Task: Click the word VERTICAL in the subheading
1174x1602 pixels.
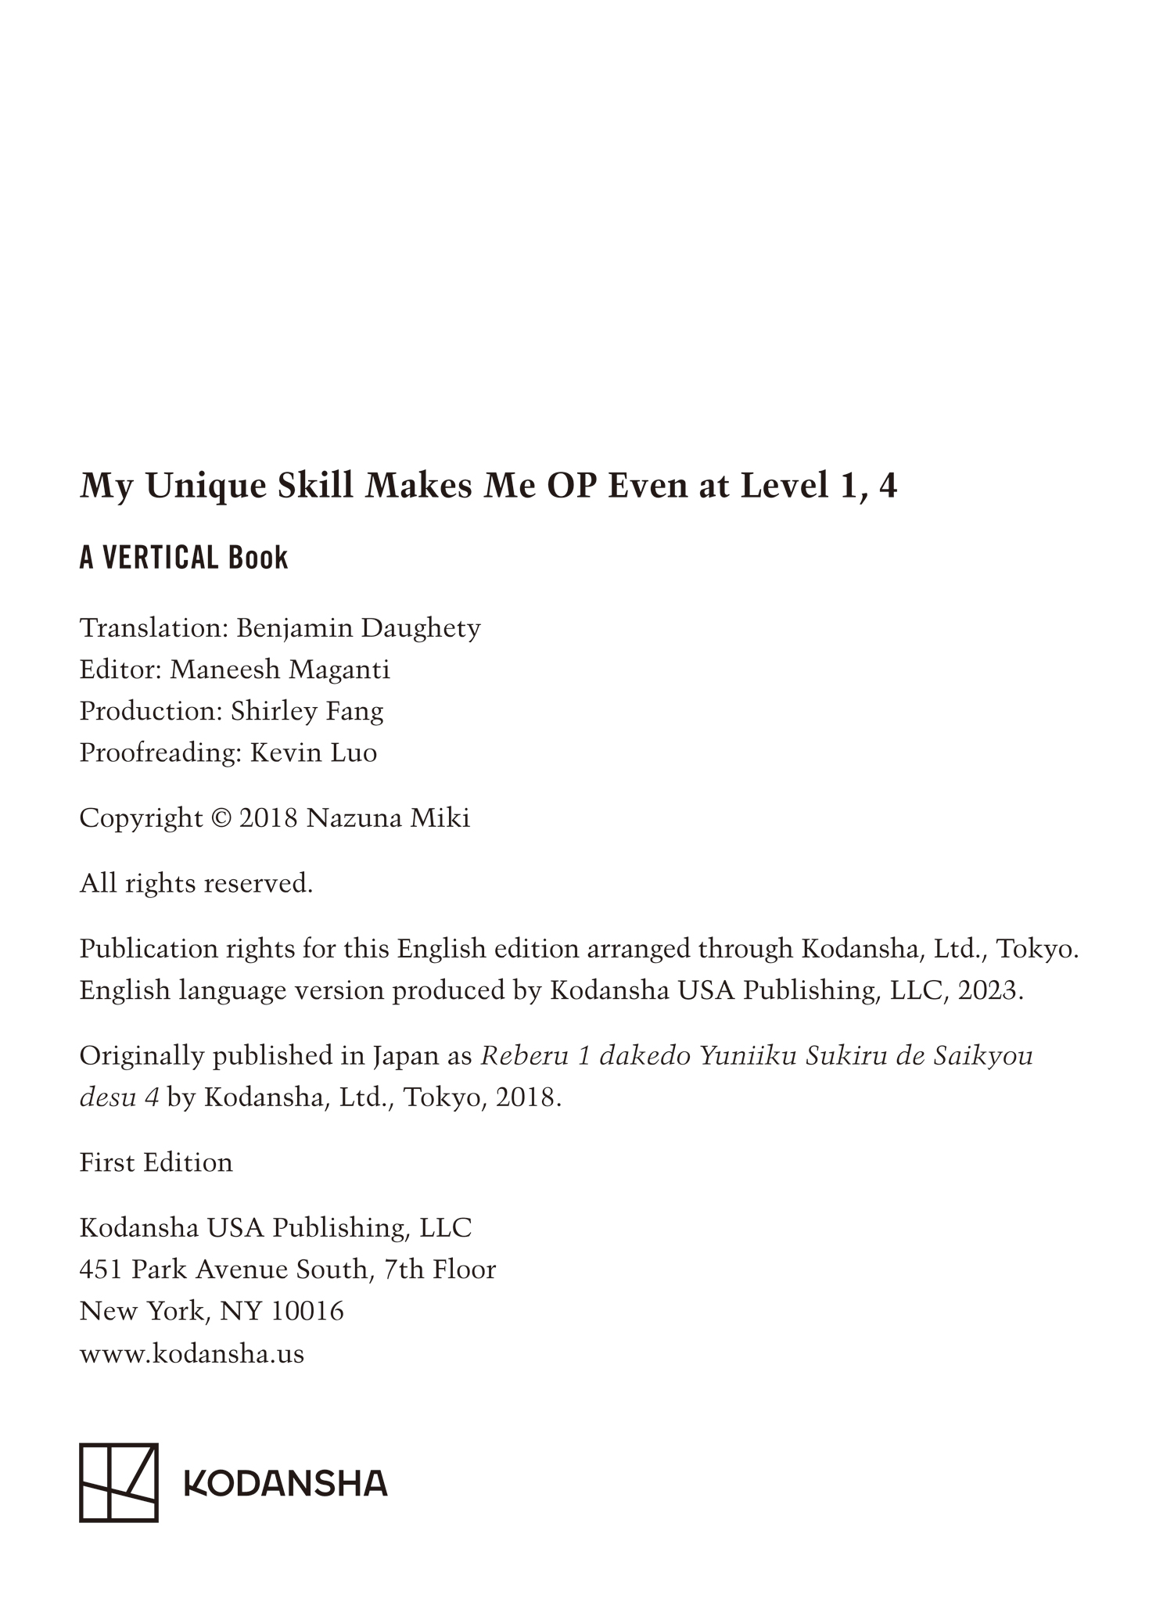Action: pyautogui.click(x=160, y=558)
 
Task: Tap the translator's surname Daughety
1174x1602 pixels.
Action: pyautogui.click(x=420, y=628)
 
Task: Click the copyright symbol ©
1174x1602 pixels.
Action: pyautogui.click(x=221, y=818)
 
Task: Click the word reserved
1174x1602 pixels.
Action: pyautogui.click(x=258, y=884)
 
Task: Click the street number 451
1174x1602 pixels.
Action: pyautogui.click(x=101, y=1269)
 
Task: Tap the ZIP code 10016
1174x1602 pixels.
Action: pyautogui.click(x=307, y=1310)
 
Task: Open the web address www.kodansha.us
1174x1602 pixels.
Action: pyautogui.click(x=192, y=1353)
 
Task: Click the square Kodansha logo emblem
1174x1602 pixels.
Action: pyautogui.click(x=119, y=1483)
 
